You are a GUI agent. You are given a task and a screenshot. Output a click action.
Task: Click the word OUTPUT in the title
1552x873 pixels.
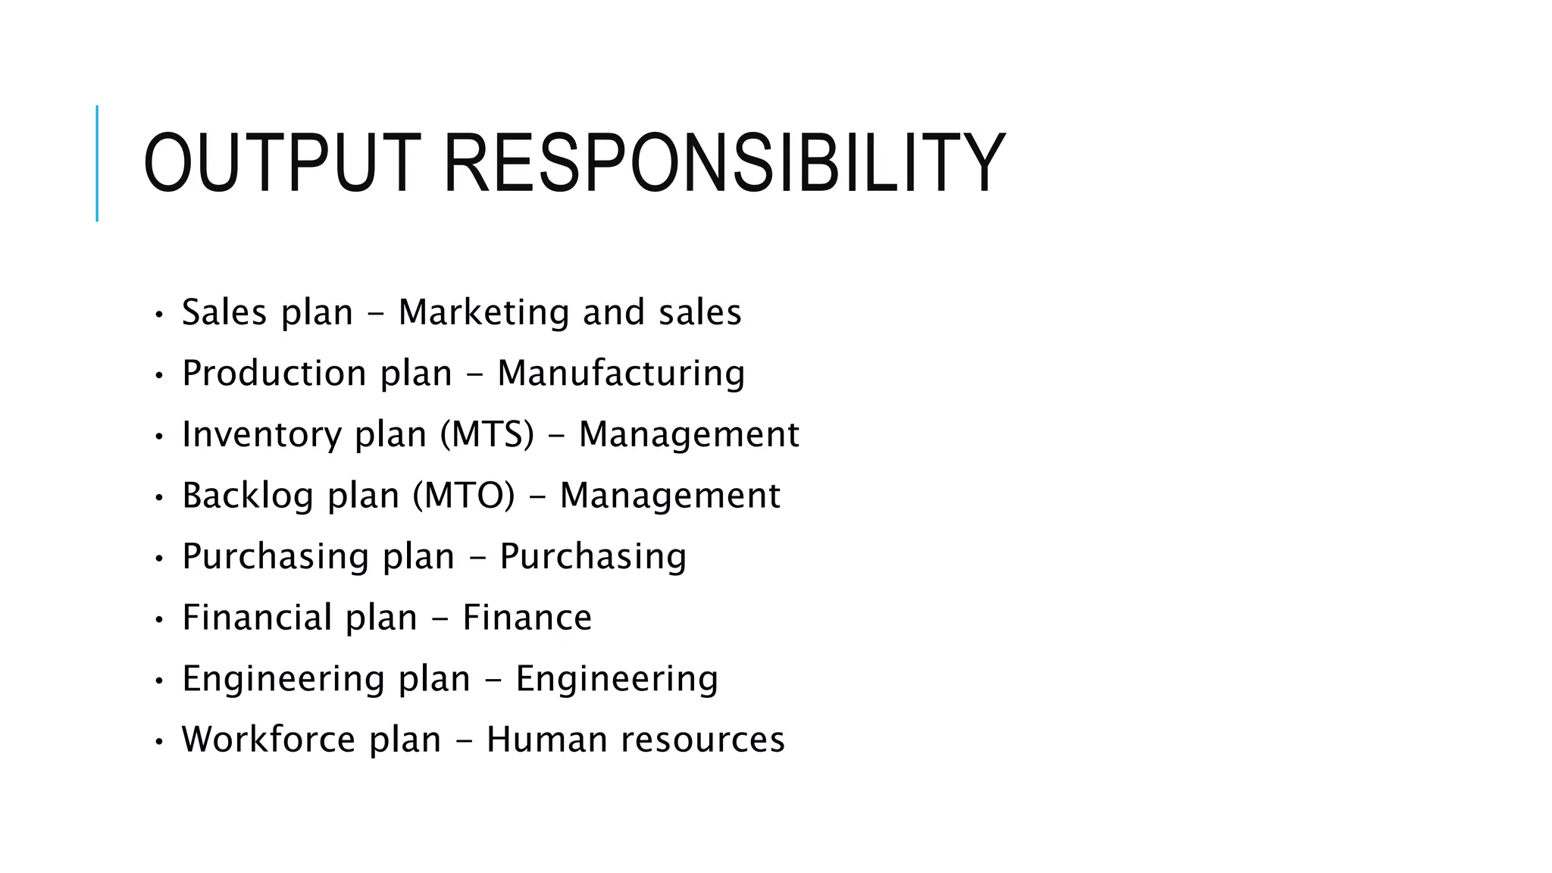click(x=281, y=164)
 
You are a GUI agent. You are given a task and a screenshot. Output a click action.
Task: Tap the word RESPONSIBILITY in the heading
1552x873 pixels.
click(x=723, y=164)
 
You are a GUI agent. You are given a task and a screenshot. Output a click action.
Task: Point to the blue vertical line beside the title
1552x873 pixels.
click(x=97, y=163)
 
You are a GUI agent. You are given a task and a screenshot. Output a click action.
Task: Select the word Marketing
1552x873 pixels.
click(x=483, y=312)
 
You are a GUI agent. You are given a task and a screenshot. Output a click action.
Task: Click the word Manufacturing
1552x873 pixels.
click(x=621, y=374)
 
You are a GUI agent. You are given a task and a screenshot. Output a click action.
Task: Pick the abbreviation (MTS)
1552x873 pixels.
click(x=487, y=435)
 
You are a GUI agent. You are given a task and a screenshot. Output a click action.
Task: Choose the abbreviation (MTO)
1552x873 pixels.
click(x=463, y=496)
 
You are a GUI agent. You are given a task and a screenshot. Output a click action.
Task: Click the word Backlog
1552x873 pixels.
click(x=247, y=496)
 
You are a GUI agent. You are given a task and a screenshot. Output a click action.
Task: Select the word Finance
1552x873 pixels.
click(x=527, y=618)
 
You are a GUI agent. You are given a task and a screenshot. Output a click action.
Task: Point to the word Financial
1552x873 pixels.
click(x=257, y=618)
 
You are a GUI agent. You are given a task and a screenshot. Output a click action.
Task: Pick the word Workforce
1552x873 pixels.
click(x=268, y=740)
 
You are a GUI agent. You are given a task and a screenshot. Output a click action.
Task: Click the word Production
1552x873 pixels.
click(x=274, y=374)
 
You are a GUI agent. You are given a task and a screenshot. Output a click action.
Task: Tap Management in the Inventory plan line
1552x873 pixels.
click(x=688, y=435)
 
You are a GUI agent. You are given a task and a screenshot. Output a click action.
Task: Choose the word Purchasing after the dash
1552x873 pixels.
click(x=593, y=557)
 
